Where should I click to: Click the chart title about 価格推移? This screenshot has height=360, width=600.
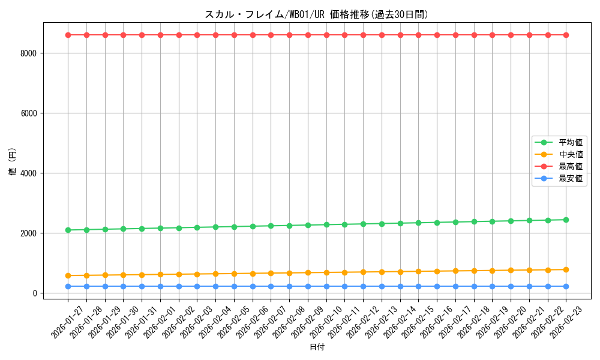point(317,14)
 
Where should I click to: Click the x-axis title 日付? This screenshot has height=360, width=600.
point(317,347)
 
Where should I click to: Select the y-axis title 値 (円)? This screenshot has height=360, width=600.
point(12,162)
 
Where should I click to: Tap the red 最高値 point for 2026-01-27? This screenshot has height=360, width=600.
point(68,35)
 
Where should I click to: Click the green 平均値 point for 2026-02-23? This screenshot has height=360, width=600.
point(566,220)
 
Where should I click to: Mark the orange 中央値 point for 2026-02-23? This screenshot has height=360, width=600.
point(566,269)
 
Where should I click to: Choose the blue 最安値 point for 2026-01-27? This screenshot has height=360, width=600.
point(68,286)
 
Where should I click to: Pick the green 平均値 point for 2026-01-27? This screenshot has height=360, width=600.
point(68,230)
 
